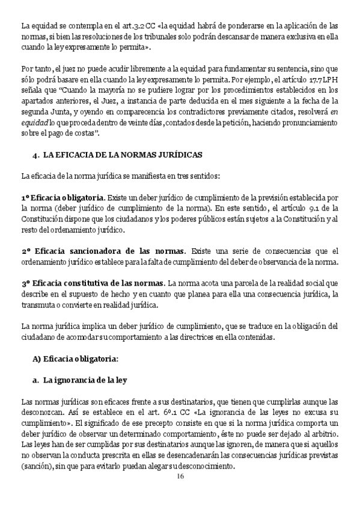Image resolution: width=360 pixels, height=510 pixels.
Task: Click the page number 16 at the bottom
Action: pyautogui.click(x=180, y=477)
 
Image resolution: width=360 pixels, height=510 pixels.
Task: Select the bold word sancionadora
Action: pyautogui.click(x=93, y=251)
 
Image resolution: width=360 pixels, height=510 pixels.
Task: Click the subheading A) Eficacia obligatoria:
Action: pyautogui.click(x=75, y=358)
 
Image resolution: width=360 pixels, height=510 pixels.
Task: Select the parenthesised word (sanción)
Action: pyautogui.click(x=38, y=466)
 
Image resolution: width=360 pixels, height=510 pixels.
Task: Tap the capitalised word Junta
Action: pyautogui.click(x=64, y=112)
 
